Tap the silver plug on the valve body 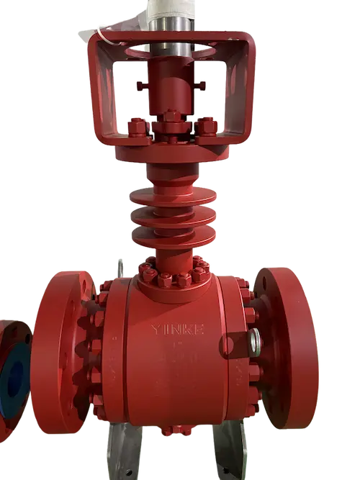click(x=257, y=336)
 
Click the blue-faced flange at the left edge click(x=14, y=373)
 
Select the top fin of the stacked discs click(x=165, y=194)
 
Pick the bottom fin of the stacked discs click(x=165, y=235)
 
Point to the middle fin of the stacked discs click(x=165, y=215)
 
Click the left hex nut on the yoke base click(x=138, y=128)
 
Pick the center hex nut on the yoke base click(x=171, y=117)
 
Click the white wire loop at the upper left click(x=108, y=32)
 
